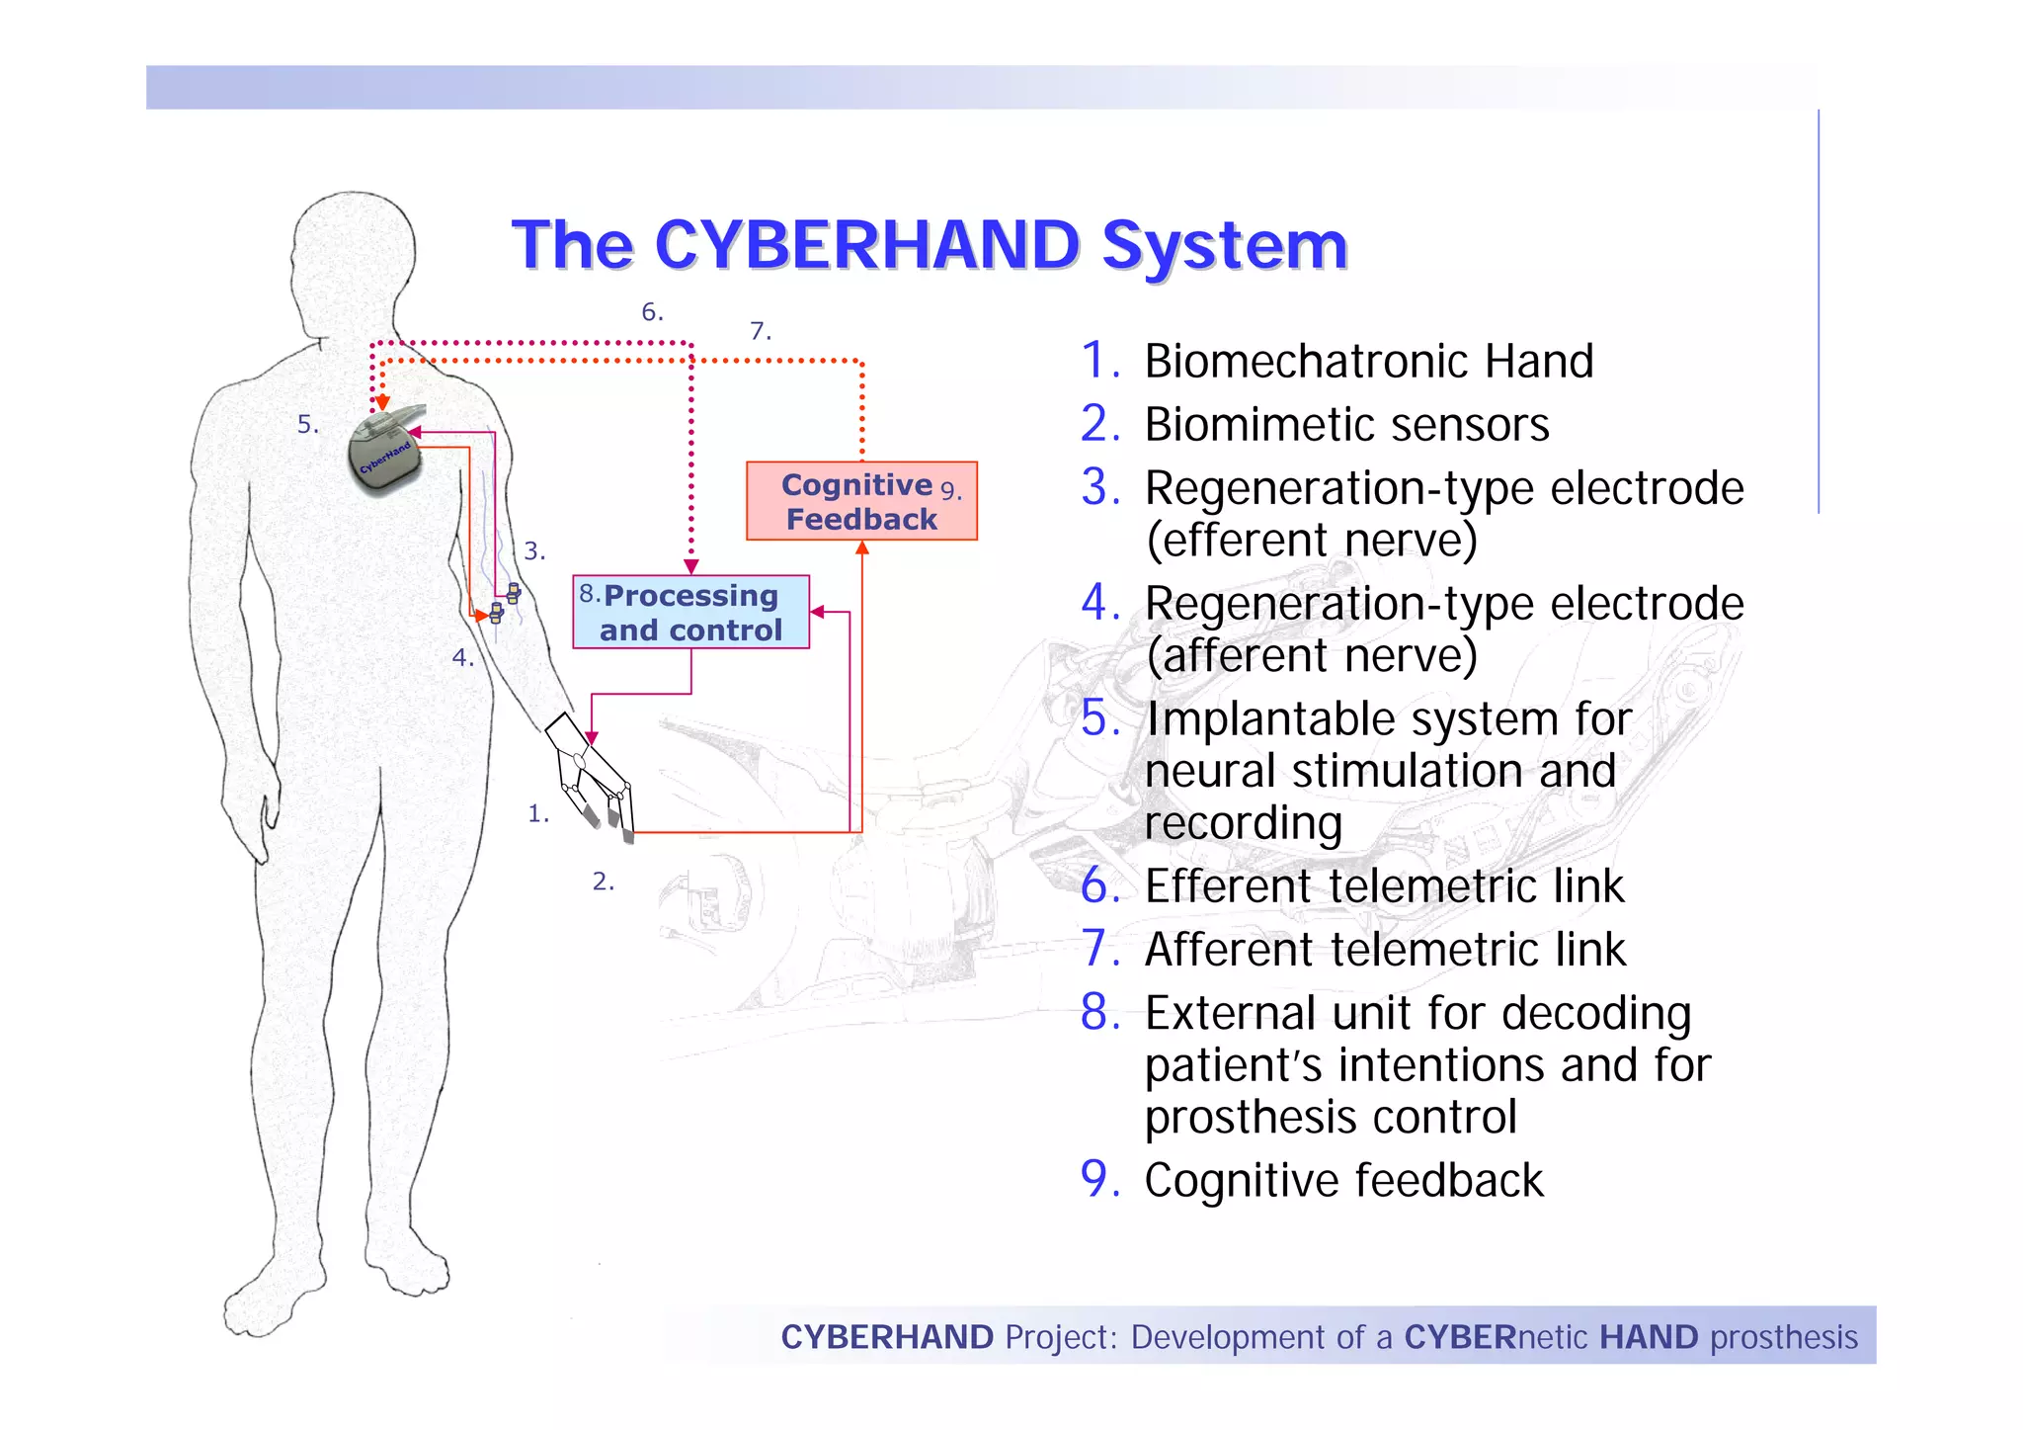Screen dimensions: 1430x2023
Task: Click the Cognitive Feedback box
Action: [860, 501]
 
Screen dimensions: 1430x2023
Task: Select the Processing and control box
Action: [690, 612]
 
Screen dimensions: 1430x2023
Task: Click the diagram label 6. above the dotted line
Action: [652, 312]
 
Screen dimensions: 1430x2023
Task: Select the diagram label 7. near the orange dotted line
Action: [760, 331]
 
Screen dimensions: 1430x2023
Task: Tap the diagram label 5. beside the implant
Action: [307, 425]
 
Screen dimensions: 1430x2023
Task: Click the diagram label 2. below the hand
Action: [603, 882]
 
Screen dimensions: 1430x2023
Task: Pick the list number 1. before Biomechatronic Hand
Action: [1099, 361]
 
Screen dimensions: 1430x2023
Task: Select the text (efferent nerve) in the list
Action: [1311, 541]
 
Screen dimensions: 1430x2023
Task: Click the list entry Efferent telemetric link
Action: [1383, 886]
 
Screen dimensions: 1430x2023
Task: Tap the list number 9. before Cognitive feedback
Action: [1099, 1180]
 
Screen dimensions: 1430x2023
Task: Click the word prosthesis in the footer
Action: [1784, 1337]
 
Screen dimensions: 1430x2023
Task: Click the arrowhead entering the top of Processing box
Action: [691, 566]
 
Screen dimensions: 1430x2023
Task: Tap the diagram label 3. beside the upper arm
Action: [534, 551]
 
